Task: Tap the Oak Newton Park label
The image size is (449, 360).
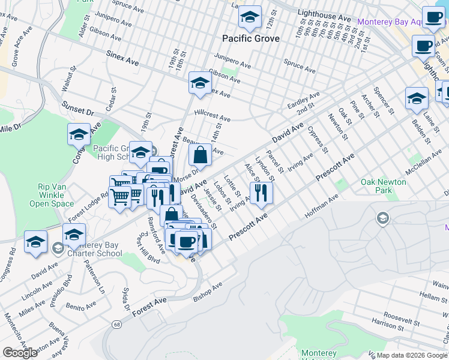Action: [384, 186]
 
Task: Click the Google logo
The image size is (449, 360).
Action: [20, 353]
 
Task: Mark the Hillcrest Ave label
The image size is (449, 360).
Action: [212, 115]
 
